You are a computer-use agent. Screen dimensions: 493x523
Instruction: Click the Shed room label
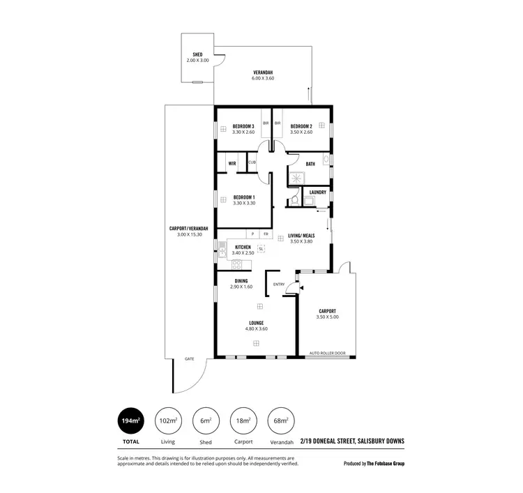197,54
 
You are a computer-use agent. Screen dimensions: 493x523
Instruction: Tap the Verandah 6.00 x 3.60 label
262,73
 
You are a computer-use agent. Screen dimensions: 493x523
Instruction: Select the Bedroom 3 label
243,126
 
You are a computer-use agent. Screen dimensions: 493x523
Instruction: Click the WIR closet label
231,165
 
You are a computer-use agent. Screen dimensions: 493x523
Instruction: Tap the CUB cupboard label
252,162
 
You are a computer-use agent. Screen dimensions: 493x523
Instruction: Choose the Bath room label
310,164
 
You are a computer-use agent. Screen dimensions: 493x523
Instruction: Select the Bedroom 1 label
243,197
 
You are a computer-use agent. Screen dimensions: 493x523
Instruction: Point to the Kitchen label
243,248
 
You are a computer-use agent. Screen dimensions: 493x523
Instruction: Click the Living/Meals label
301,237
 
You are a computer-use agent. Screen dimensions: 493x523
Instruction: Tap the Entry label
279,284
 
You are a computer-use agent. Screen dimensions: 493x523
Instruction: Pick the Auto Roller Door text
327,353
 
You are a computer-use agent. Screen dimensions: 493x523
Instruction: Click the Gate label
189,358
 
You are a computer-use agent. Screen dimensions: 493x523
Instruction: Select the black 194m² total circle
131,421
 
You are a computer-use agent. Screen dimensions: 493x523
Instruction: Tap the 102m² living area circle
168,421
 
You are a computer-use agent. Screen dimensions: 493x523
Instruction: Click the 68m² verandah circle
281,421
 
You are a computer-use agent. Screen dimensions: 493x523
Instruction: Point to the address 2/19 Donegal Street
352,441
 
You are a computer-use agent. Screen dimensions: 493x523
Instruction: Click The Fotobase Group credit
386,463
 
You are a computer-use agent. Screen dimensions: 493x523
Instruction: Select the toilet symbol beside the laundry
295,200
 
